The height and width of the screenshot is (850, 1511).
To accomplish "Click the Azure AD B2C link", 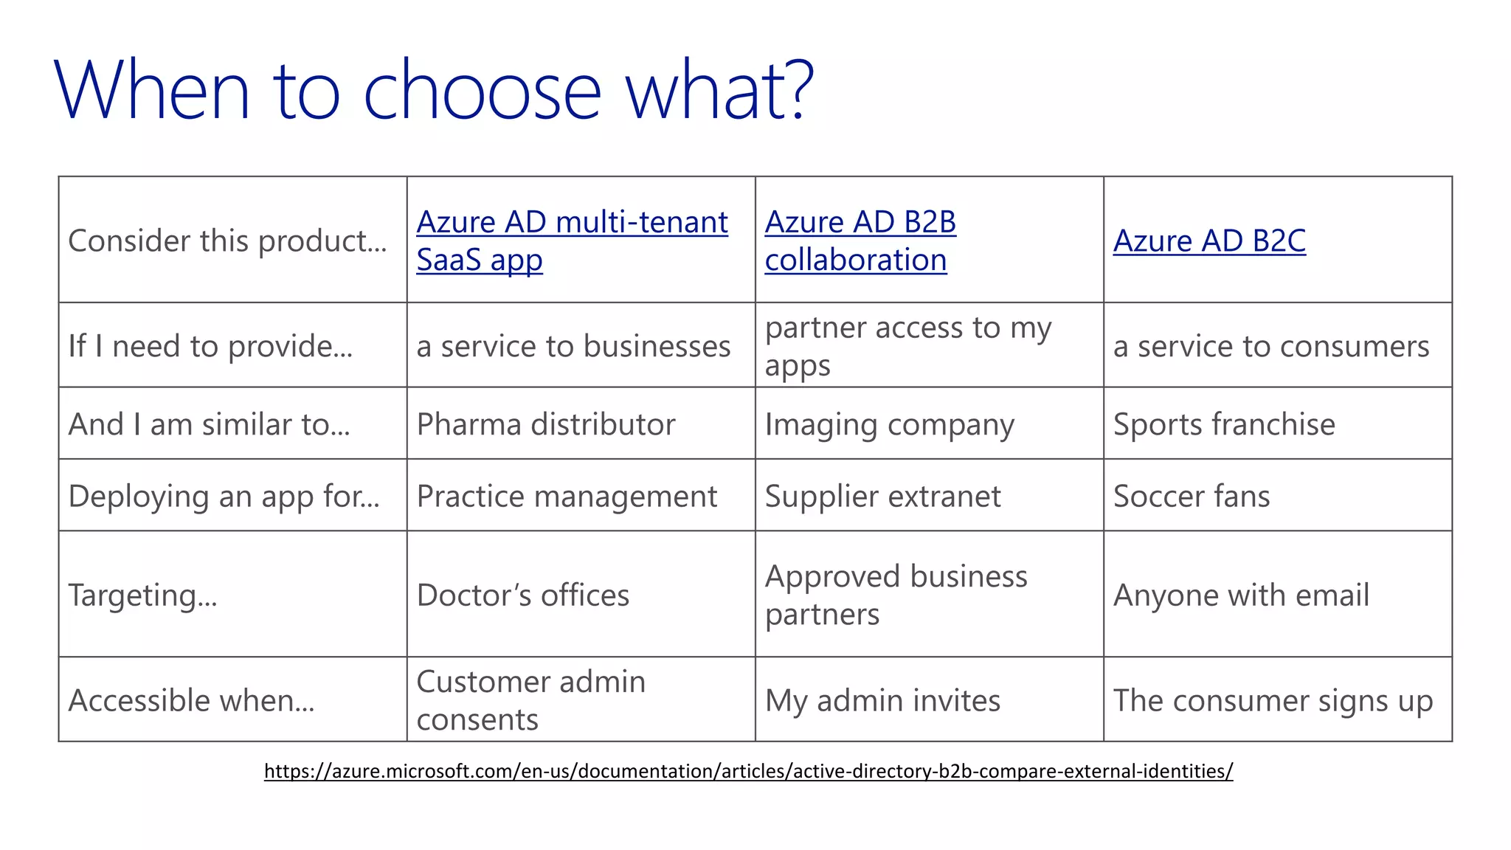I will pyautogui.click(x=1209, y=241).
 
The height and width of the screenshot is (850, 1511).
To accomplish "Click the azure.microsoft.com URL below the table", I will pyautogui.click(x=748, y=771).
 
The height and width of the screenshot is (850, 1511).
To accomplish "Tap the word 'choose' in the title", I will pyautogui.click(x=483, y=91).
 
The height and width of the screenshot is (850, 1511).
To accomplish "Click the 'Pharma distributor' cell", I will pyautogui.click(x=546, y=424).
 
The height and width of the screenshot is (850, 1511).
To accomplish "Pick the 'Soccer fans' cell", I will pyautogui.click(x=1191, y=496).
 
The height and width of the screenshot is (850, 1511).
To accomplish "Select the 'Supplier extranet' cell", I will pyautogui.click(x=882, y=496).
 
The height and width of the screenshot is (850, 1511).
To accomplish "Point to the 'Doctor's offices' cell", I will pyautogui.click(x=522, y=595).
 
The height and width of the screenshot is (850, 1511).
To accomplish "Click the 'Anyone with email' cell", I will pyautogui.click(x=1241, y=595).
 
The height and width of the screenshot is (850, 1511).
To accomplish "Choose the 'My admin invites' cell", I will pyautogui.click(x=882, y=700).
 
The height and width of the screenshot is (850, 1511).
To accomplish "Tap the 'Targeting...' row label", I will pyautogui.click(x=142, y=595).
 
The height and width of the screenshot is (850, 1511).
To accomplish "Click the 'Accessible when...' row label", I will pyautogui.click(x=191, y=700).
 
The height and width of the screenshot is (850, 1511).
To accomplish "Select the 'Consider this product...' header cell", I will pyautogui.click(x=227, y=241).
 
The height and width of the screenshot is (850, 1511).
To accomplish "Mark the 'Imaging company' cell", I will pyautogui.click(x=889, y=424).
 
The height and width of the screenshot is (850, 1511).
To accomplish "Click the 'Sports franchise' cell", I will pyautogui.click(x=1223, y=424).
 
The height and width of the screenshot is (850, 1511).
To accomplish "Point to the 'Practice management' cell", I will pyautogui.click(x=566, y=496).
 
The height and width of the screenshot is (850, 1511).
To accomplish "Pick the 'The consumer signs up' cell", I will pyautogui.click(x=1273, y=700).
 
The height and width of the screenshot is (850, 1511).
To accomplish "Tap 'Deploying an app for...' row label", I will pyautogui.click(x=224, y=496).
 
